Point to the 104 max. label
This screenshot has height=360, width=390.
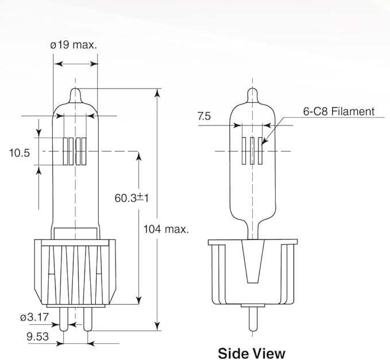(x=166, y=229)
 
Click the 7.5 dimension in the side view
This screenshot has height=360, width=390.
(x=204, y=116)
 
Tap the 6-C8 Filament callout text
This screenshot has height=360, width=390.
(x=338, y=112)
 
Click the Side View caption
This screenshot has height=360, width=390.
(x=251, y=352)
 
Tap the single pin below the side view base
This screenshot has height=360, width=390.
(x=252, y=318)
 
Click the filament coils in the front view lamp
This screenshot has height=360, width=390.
(x=75, y=151)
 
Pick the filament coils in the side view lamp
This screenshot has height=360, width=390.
(x=252, y=151)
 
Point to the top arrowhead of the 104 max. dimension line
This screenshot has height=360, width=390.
(x=157, y=93)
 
